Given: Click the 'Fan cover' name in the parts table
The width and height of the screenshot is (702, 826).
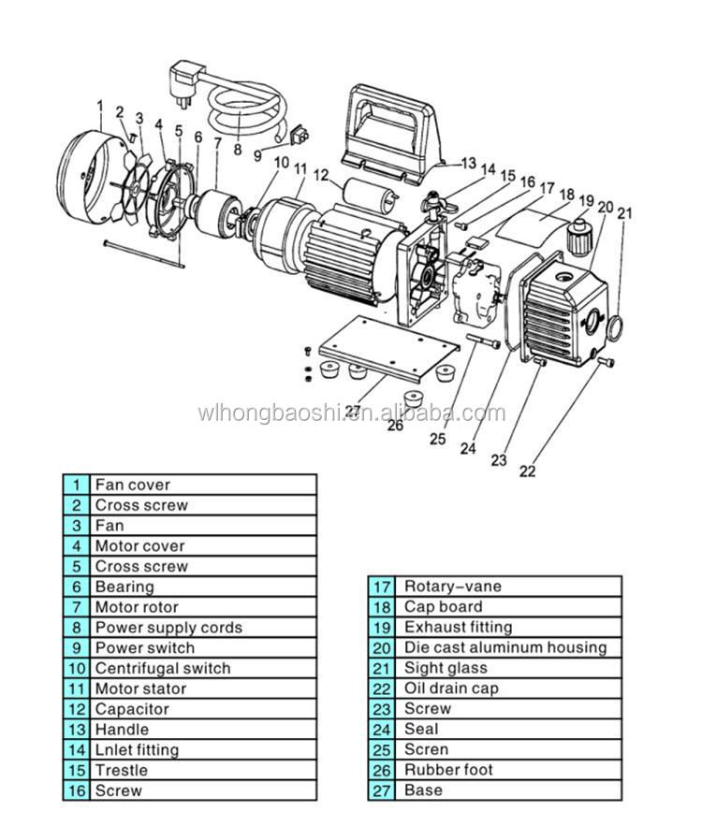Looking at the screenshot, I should point(132,485).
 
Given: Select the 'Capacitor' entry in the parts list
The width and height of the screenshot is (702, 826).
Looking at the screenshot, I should point(132,709).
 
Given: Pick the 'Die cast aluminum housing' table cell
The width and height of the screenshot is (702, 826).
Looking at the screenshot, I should point(505,647).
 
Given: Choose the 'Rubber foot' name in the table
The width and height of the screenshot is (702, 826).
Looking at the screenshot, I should point(448,770).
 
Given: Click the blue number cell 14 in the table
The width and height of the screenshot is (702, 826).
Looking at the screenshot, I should point(76,749).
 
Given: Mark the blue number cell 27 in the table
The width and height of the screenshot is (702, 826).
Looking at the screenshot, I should point(381,790).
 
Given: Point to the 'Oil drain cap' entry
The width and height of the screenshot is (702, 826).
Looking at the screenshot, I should point(451,688).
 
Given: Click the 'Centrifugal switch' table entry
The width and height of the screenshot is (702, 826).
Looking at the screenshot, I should point(162,668).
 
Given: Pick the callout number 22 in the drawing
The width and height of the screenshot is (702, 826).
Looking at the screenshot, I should point(528,471).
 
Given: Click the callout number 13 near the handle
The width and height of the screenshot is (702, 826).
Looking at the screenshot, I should point(469,162).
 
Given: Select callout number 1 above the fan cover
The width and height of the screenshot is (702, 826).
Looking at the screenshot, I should point(99,107).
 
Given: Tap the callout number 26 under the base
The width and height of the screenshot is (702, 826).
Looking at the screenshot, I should point(395,426).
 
